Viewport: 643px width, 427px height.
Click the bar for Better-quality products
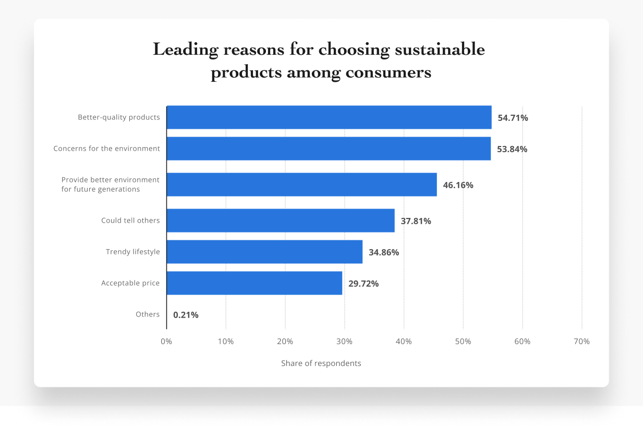tap(329, 117)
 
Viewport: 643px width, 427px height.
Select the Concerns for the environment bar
tap(329, 149)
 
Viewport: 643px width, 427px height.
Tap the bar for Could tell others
tap(281, 221)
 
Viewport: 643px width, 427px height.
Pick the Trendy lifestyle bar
tap(264, 252)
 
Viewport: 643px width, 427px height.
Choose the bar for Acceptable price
tap(254, 283)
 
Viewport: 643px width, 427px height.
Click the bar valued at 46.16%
tap(301, 185)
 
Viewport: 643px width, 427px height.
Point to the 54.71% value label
tap(513, 118)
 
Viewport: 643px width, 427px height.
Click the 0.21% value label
tap(186, 315)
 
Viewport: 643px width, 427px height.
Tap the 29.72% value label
tap(363, 284)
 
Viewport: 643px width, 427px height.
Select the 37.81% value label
tap(416, 221)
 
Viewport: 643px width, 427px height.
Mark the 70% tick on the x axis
tap(581, 341)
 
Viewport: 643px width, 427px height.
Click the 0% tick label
tap(166, 341)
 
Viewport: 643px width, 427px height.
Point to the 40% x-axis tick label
tap(404, 341)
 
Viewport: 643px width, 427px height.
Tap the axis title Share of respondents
tap(321, 363)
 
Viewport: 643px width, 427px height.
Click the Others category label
tap(148, 314)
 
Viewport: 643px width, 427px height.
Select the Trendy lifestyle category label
tap(132, 252)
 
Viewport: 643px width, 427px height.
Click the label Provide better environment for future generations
tap(110, 185)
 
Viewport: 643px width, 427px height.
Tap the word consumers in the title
tap(387, 72)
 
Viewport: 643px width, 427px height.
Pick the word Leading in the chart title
tap(185, 50)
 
